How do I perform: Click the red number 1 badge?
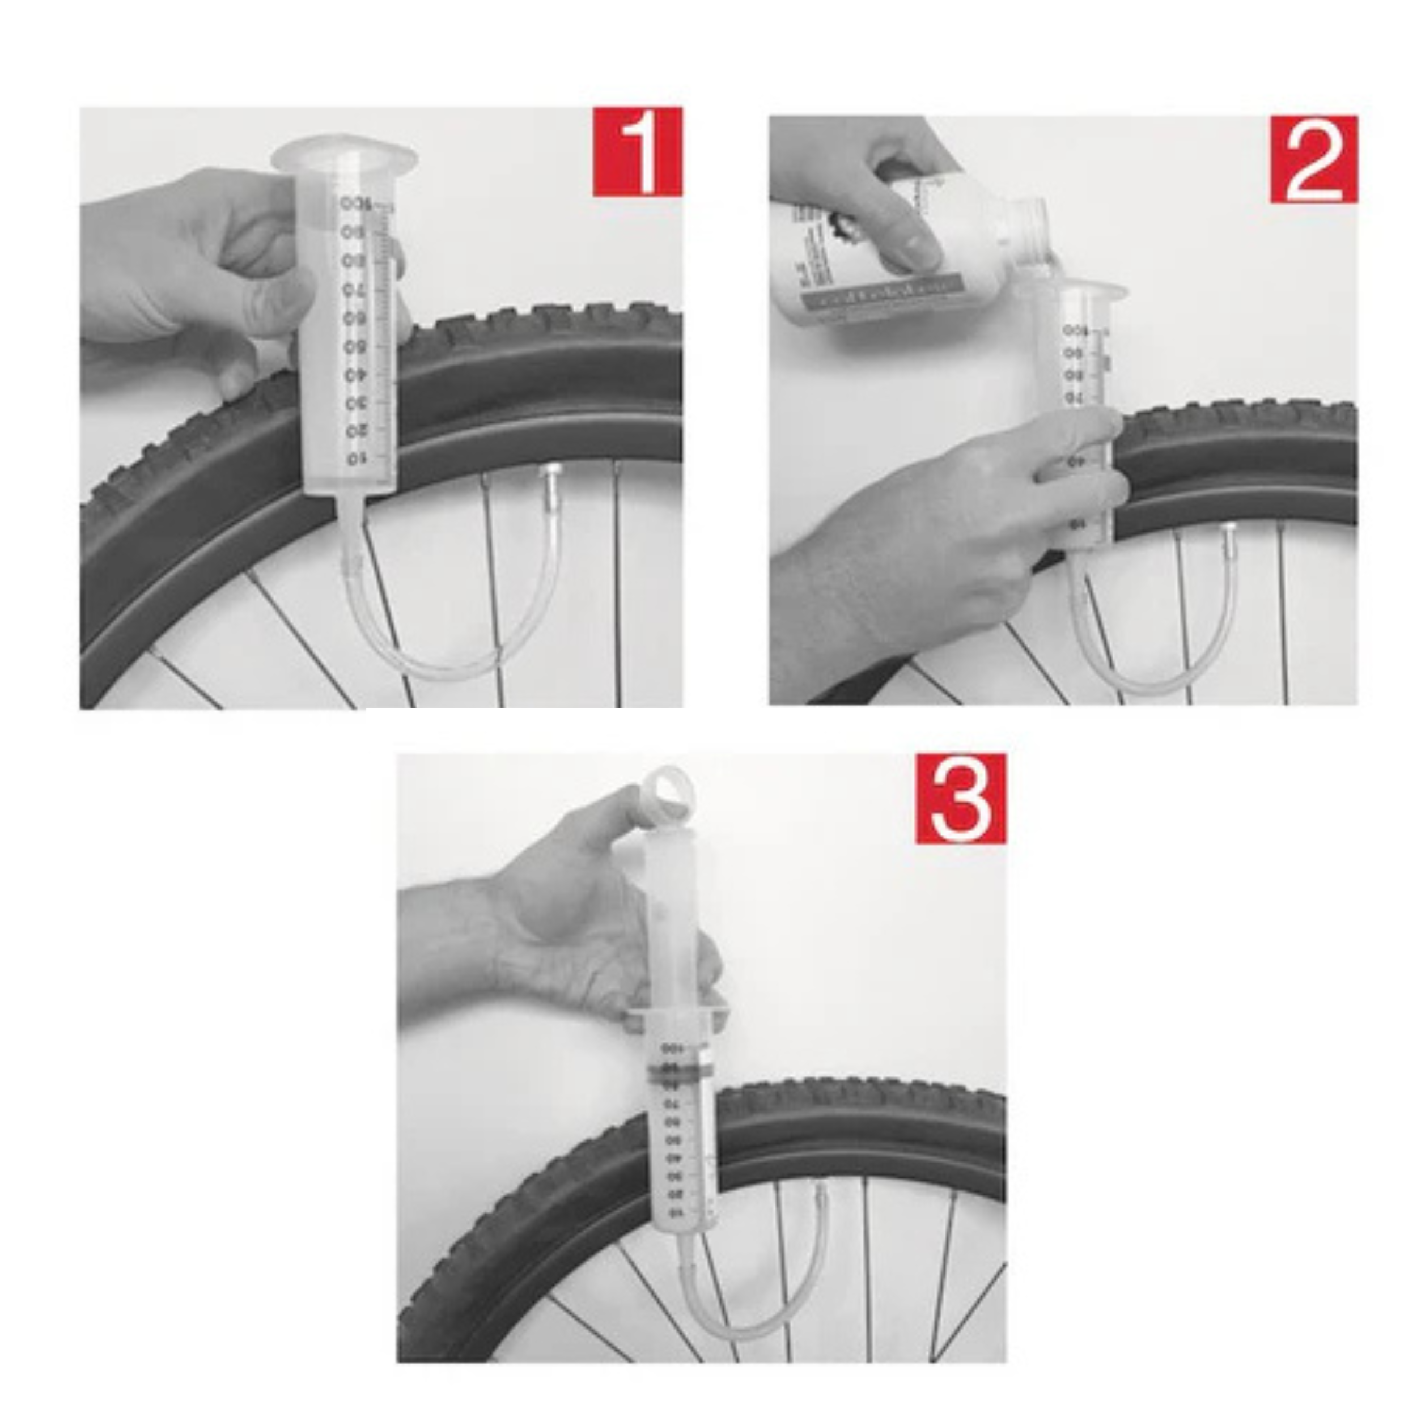tap(637, 152)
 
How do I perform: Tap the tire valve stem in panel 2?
tap(1227, 541)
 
